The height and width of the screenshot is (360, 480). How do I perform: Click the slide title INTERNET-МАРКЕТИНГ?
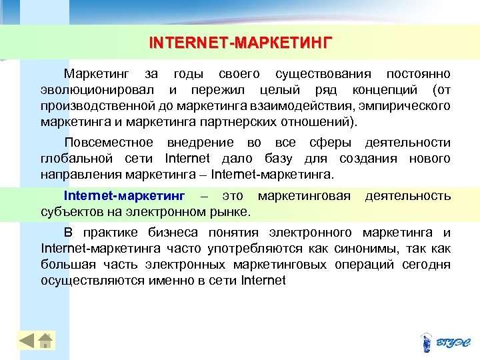pyautogui.click(x=240, y=44)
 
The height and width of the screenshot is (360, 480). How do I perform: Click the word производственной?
pyautogui.click(x=98, y=106)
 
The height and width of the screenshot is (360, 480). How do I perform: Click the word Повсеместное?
pyautogui.click(x=108, y=143)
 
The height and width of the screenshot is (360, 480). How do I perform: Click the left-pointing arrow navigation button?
pyautogui.click(x=26, y=341)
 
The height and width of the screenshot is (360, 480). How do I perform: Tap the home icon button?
pyautogui.click(x=45, y=341)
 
